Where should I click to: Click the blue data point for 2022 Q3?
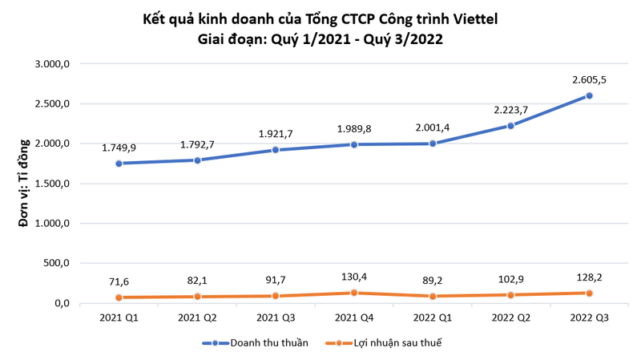click(589, 95)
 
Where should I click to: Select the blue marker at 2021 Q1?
click(119, 164)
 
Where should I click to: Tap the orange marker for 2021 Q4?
click(354, 293)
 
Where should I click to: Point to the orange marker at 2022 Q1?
click(433, 296)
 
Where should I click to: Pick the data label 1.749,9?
click(119, 148)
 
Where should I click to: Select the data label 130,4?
click(354, 276)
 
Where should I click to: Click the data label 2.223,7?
click(511, 108)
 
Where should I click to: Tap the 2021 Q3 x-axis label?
click(276, 318)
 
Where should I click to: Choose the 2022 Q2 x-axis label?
click(510, 318)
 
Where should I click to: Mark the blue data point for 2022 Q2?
click(511, 126)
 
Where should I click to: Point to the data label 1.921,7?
click(276, 133)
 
